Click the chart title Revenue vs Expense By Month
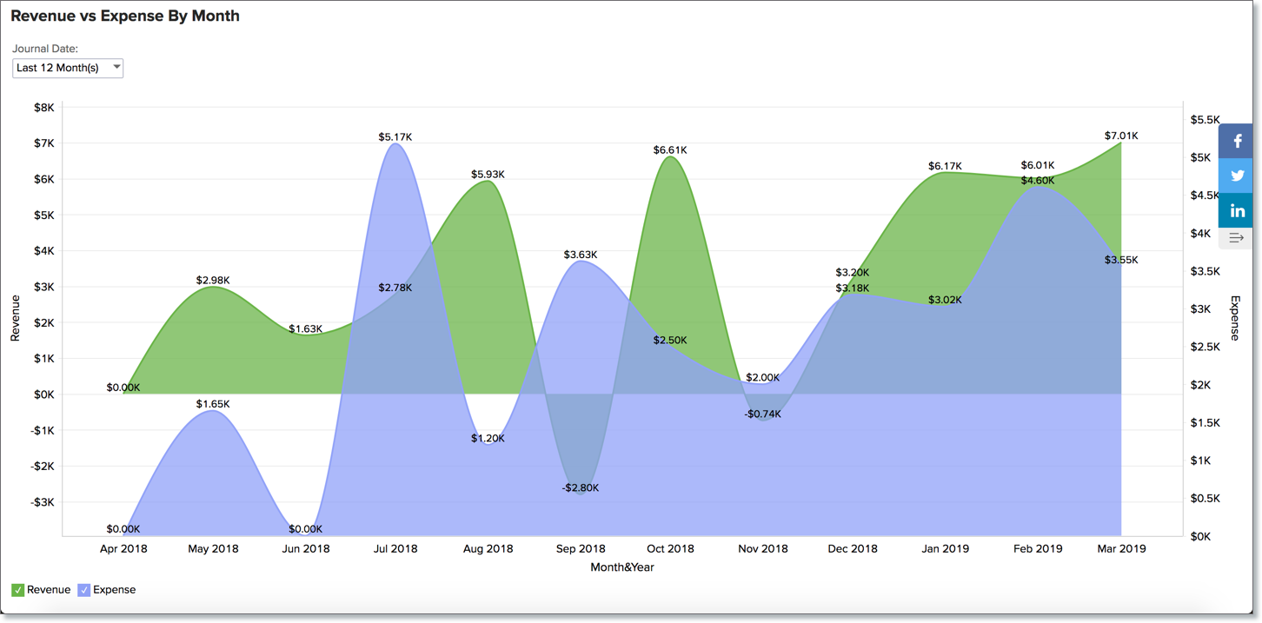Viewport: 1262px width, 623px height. pos(125,16)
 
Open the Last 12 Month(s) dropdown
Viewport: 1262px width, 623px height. pos(68,68)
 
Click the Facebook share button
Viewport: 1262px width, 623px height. pos(1237,141)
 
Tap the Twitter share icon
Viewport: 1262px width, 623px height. pos(1237,176)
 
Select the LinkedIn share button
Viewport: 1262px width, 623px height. pos(1237,211)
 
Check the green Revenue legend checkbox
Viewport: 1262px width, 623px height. pos(17,590)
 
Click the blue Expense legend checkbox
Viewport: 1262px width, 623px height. pos(84,590)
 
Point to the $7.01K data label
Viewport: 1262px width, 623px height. pos(1121,136)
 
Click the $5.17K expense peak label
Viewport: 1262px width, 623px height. pos(395,137)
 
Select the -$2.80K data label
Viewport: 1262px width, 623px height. pos(580,487)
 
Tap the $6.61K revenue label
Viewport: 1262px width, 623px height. pos(670,150)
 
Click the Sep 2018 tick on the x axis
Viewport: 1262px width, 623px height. pos(581,548)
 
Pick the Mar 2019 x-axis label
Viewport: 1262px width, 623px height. pos(1121,548)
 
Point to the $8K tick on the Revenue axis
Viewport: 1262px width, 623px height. pos(43,108)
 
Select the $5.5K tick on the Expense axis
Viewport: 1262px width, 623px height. pos(1206,120)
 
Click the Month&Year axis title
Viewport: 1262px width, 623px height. pos(622,567)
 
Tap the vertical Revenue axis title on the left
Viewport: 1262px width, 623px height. pos(15,317)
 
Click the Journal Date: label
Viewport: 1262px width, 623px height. pos(45,49)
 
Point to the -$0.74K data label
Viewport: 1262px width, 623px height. pos(762,414)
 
